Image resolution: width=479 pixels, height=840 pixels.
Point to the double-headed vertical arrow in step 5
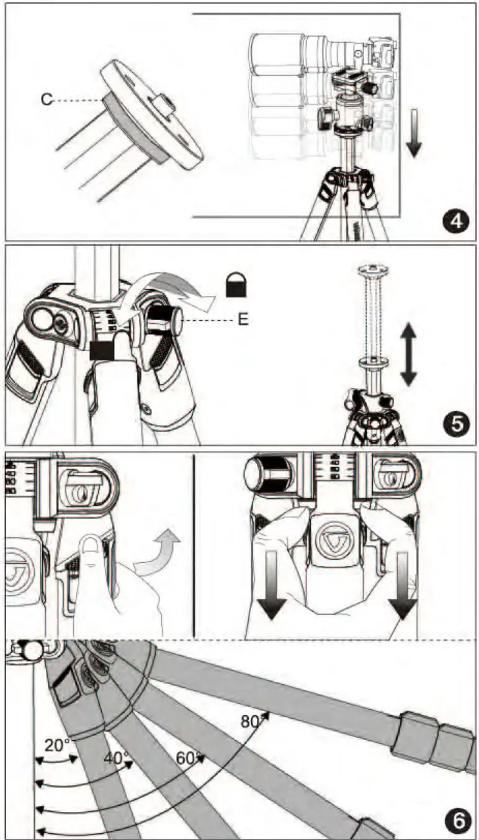408,355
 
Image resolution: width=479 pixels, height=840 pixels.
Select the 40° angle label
116,758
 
